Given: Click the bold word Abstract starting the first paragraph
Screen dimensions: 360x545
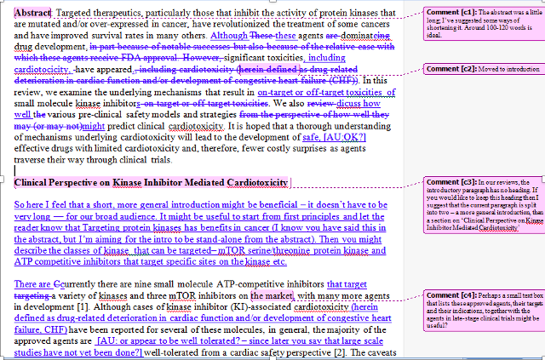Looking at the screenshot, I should [x=33, y=14].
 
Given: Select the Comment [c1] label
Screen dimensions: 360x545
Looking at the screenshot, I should [x=450, y=13].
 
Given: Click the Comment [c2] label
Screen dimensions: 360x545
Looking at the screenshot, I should [x=450, y=68].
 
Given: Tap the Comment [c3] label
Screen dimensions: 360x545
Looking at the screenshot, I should [x=450, y=183].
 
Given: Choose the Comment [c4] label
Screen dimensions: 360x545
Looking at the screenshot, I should [x=450, y=294].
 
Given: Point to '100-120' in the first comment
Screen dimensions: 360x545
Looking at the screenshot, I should [x=503, y=28].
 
